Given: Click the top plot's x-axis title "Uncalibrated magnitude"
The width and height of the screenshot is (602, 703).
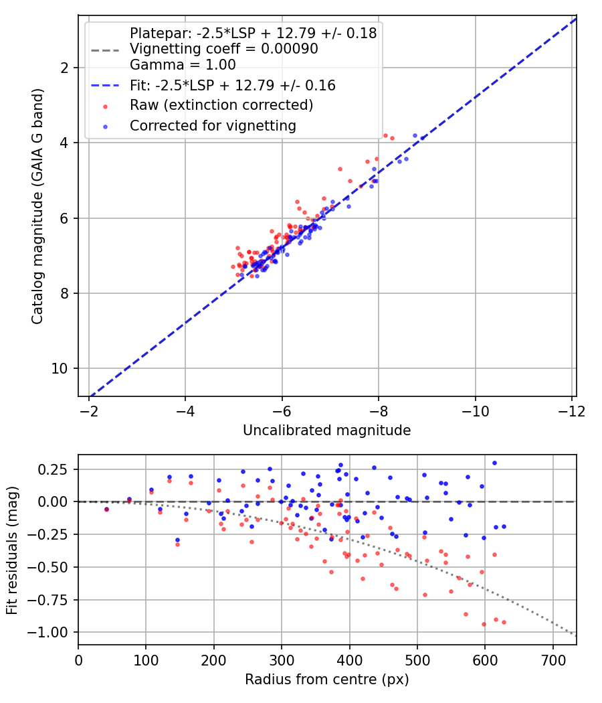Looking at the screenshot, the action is coord(326,431).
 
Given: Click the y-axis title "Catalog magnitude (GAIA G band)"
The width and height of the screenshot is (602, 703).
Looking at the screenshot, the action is coord(37,206).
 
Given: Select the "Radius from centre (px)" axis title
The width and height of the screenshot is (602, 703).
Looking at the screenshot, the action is coord(326,680).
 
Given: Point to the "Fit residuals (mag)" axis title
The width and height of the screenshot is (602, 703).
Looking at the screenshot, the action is coord(12,550).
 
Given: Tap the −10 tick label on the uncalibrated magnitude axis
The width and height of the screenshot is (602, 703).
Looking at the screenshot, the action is coord(475,411).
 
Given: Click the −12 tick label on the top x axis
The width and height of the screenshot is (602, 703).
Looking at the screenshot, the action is coord(571,411).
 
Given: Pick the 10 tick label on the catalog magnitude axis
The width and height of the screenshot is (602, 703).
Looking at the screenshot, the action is coord(59,368).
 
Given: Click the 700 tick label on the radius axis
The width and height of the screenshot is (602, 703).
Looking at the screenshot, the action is coord(553,660).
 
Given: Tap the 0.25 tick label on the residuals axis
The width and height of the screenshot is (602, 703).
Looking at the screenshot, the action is coord(52,469).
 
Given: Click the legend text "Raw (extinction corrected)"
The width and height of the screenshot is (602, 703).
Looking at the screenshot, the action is coord(221,105).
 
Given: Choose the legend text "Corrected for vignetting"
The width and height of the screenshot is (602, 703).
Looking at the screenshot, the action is coord(213,126).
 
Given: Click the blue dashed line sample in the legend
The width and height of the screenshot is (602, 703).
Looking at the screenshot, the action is coord(105,85).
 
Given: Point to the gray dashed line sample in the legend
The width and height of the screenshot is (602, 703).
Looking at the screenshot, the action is coord(105,50).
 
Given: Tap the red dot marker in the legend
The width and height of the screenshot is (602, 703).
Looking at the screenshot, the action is coord(105,106).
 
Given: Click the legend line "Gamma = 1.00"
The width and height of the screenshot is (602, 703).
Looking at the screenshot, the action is coord(183,65).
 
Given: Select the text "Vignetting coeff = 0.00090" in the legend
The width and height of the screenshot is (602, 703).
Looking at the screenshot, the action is coord(224,49).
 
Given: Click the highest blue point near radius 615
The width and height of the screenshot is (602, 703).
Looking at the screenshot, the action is coord(494,463).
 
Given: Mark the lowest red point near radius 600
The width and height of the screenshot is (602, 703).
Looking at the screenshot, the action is coord(484,624).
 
